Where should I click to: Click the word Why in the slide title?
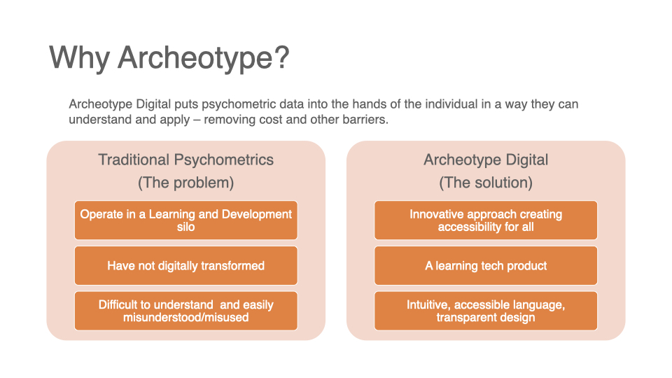[x=80, y=57]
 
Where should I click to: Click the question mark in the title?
[x=281, y=57]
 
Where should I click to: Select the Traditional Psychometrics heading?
[x=186, y=160]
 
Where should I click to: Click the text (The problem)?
[x=186, y=183]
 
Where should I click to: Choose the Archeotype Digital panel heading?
[x=486, y=160]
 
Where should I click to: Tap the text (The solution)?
[x=486, y=183]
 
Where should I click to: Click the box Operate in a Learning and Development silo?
[x=186, y=220]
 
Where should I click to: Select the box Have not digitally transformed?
[x=186, y=266]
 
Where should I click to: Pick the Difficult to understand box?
[x=186, y=311]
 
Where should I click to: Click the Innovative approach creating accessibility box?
[x=486, y=220]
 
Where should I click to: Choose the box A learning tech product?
[x=486, y=266]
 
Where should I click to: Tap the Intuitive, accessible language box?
[x=486, y=311]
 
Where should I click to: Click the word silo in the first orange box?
[x=186, y=227]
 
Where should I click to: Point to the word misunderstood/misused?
[x=186, y=317]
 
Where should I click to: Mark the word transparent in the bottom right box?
[x=463, y=318]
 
